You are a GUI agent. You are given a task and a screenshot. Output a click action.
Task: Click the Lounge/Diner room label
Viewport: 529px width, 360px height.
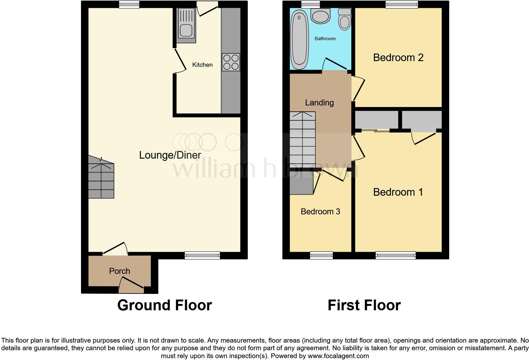[170, 155]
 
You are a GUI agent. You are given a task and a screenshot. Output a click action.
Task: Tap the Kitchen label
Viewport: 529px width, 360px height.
[202, 65]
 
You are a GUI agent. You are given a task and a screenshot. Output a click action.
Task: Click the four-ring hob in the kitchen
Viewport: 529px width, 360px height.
[231, 62]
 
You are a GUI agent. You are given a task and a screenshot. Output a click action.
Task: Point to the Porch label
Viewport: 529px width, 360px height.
[119, 271]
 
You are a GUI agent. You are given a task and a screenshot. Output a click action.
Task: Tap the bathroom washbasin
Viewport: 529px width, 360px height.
[321, 15]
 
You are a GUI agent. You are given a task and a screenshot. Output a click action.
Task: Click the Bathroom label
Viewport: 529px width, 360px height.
[325, 39]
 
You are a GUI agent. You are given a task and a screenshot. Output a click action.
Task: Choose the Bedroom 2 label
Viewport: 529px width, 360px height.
[398, 57]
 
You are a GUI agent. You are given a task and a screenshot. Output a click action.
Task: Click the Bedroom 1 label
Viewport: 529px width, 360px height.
[398, 192]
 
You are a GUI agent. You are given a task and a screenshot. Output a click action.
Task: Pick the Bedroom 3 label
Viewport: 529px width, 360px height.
[320, 212]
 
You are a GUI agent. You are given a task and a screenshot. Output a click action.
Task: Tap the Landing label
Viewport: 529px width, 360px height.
[319, 103]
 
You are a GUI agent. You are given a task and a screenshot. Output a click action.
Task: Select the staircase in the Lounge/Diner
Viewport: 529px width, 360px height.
[101, 179]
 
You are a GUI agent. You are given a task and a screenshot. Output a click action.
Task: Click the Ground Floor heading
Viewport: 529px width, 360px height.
[165, 305]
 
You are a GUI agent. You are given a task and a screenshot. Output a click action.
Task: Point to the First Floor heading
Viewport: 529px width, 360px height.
[364, 305]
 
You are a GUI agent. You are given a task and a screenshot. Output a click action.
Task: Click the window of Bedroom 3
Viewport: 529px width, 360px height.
[321, 255]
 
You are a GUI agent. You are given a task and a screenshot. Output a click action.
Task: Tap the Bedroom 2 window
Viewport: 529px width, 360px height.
[402, 4]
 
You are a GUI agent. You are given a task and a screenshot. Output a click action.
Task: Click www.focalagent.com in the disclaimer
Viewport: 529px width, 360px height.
[338, 356]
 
